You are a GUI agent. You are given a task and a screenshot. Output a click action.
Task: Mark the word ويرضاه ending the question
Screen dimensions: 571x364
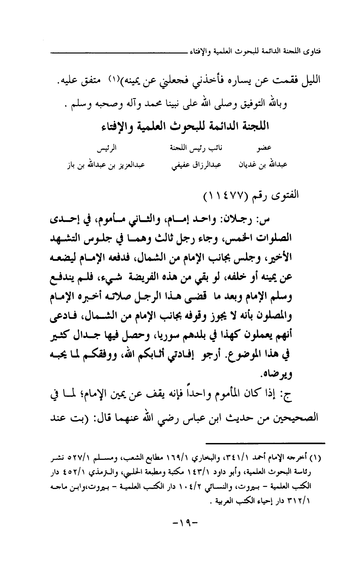(271, 372)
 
